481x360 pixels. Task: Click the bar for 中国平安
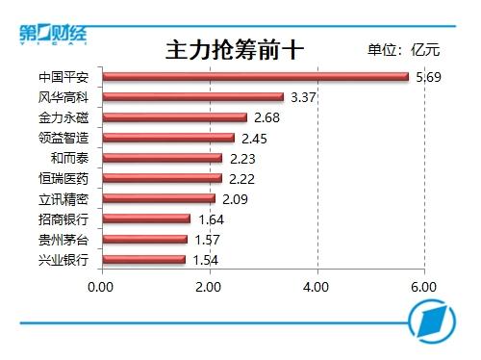(x=256, y=77)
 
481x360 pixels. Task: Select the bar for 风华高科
(x=193, y=97)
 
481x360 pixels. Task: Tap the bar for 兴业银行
(x=144, y=260)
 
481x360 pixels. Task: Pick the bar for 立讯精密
(x=159, y=198)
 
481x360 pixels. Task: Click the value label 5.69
(x=428, y=77)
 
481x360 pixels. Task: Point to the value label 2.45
(x=254, y=139)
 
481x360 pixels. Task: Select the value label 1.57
(x=207, y=240)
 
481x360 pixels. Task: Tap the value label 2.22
(x=241, y=179)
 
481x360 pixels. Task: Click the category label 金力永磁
(x=63, y=117)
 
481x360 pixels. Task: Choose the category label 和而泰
(x=69, y=158)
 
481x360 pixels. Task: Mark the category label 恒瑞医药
(x=63, y=179)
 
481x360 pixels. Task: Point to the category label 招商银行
(x=63, y=219)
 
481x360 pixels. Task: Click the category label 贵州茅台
(x=63, y=240)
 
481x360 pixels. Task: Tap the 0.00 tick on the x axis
(x=100, y=287)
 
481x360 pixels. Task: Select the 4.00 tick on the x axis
(x=316, y=287)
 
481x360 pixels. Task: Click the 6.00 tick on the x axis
(x=423, y=287)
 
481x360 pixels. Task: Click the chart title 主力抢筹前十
(x=235, y=50)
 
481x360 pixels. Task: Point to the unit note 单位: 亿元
(x=404, y=50)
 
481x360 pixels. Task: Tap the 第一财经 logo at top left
(x=53, y=34)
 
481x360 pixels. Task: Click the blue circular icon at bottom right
(x=432, y=321)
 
